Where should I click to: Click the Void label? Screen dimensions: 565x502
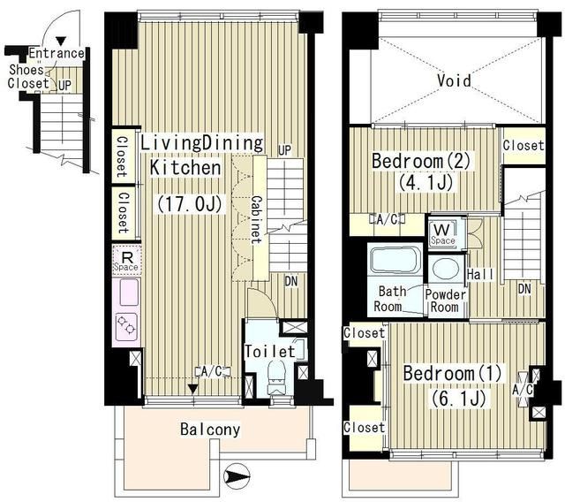[454, 80]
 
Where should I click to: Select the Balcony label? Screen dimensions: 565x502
[210, 430]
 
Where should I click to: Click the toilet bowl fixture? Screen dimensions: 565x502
[276, 378]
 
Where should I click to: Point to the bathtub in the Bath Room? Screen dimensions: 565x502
[395, 259]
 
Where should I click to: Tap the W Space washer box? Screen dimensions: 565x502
[442, 234]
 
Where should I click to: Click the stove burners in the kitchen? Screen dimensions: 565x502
[127, 325]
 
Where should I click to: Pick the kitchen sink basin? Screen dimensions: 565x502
[127, 292]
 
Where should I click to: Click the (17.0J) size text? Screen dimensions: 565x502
[189, 204]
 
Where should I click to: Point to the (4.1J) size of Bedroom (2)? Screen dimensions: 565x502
[426, 182]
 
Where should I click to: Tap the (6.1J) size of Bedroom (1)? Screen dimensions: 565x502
[459, 398]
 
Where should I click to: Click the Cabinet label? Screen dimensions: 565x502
[256, 219]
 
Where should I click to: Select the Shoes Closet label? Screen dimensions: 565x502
[28, 77]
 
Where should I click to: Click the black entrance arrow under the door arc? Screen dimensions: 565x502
[61, 42]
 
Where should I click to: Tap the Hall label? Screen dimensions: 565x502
[480, 274]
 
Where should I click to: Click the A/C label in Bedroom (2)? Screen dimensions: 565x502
[387, 219]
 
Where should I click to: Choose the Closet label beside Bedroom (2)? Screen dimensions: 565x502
[524, 145]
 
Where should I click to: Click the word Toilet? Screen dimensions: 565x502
[270, 351]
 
